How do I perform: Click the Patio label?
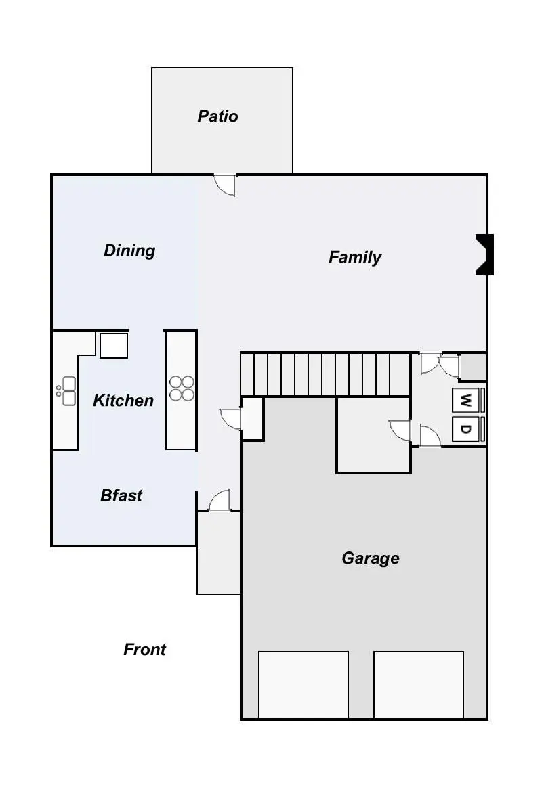[x=217, y=116]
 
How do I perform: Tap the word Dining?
[x=129, y=251]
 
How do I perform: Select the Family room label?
[x=354, y=257]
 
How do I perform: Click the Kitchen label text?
[x=123, y=401]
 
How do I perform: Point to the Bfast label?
[x=121, y=495]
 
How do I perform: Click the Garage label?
[x=370, y=558]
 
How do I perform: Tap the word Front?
[x=144, y=650]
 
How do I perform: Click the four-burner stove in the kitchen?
[x=182, y=388]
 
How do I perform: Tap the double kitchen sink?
[x=68, y=391]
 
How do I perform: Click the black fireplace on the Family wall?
[x=484, y=254]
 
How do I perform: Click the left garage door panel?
[x=304, y=684]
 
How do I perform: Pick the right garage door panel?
[x=419, y=684]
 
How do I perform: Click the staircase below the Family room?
[x=325, y=374]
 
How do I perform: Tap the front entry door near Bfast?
[x=220, y=501]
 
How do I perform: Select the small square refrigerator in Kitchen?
[x=113, y=345]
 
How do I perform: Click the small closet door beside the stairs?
[x=231, y=419]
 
